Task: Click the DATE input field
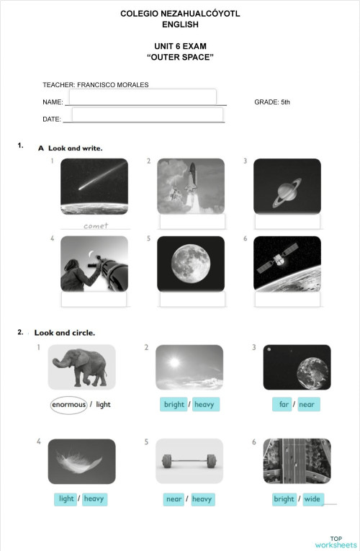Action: pos(147,115)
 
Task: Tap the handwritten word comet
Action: pos(95,225)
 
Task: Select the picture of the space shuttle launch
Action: pos(191,186)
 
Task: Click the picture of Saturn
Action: pos(287,186)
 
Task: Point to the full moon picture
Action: pos(191,264)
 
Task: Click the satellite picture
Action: pos(287,264)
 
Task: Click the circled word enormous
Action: pos(68,405)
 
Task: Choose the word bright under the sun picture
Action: pos(174,405)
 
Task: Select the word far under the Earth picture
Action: pos(284,405)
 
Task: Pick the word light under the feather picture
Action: pos(66,498)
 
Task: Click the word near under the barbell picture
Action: pos(174,498)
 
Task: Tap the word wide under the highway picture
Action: pos(312,498)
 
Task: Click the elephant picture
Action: pos(81,367)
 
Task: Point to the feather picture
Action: pos(81,461)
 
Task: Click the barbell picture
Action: pos(189,461)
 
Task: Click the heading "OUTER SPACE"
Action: pos(180,56)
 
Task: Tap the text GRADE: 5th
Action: pos(272,102)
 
